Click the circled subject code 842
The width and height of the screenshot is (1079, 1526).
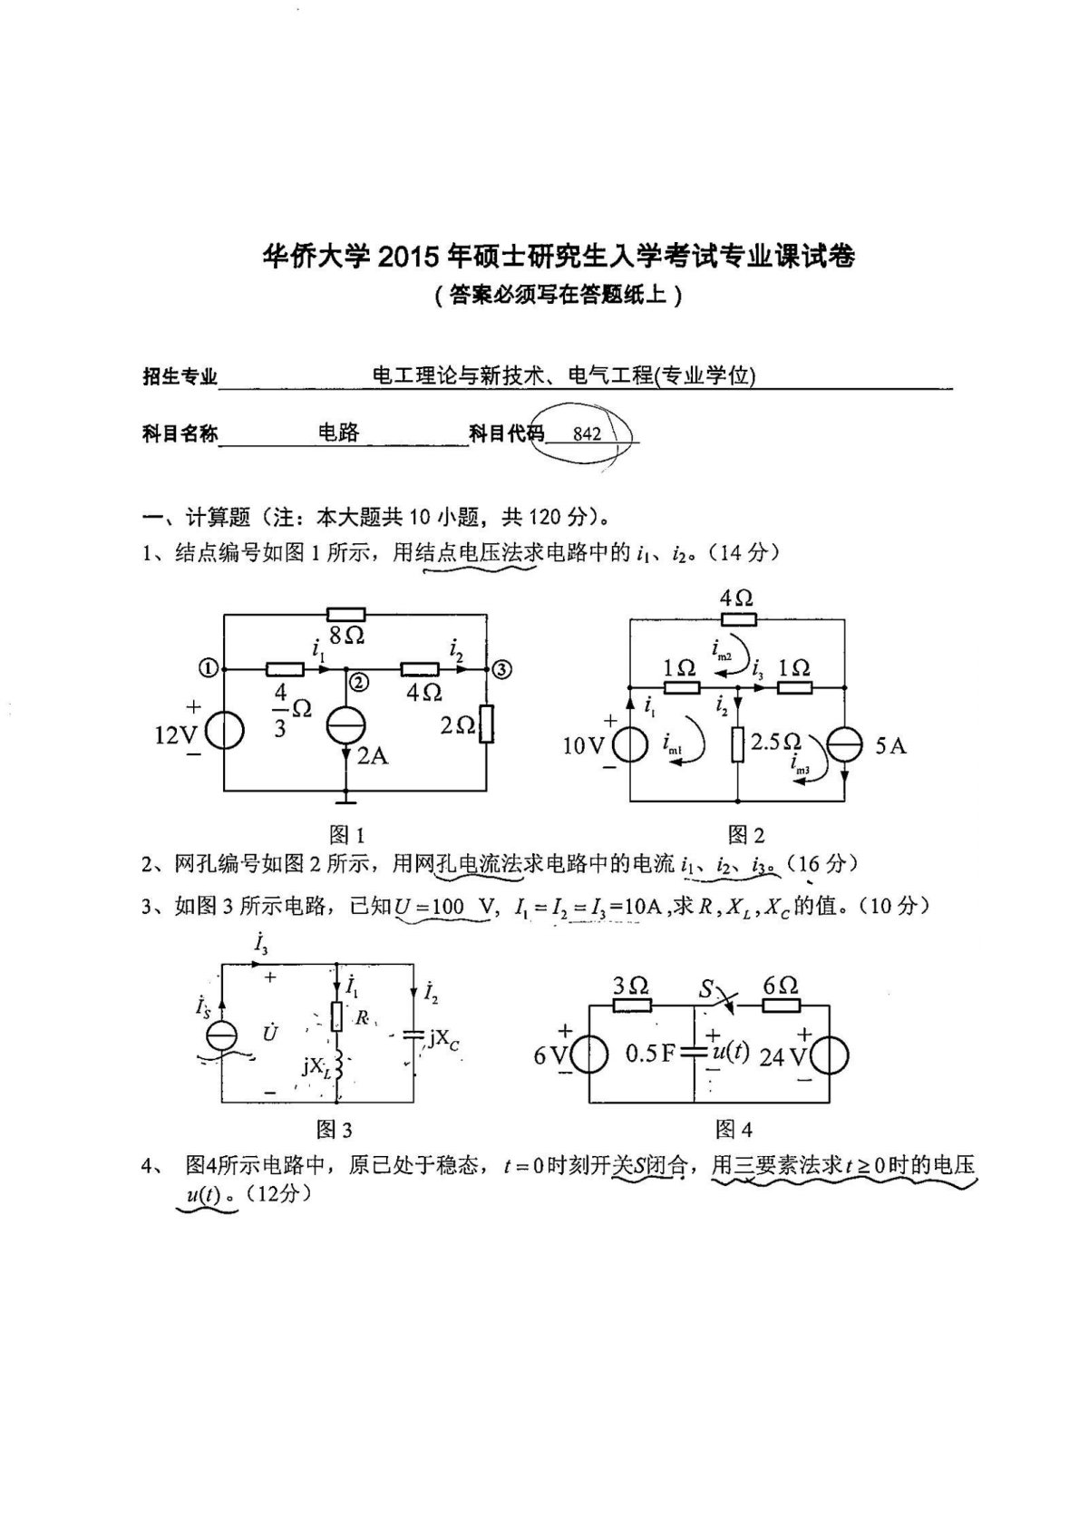587,433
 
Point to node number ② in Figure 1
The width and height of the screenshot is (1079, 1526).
359,683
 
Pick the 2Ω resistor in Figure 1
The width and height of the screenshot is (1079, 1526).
488,724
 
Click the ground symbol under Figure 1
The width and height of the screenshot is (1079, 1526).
345,800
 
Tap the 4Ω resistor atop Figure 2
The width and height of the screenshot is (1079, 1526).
738,619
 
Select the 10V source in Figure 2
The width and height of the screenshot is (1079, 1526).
629,745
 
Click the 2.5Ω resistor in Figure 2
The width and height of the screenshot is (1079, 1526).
737,744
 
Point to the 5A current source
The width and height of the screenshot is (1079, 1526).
844,744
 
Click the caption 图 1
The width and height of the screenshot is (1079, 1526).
345,834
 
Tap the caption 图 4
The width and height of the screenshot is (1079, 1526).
734,1129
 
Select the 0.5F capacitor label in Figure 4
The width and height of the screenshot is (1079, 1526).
650,1055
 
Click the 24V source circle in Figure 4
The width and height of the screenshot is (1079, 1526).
830,1055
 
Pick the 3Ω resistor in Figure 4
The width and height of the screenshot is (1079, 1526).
632,1005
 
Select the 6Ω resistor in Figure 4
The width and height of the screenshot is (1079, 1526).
781,1005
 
